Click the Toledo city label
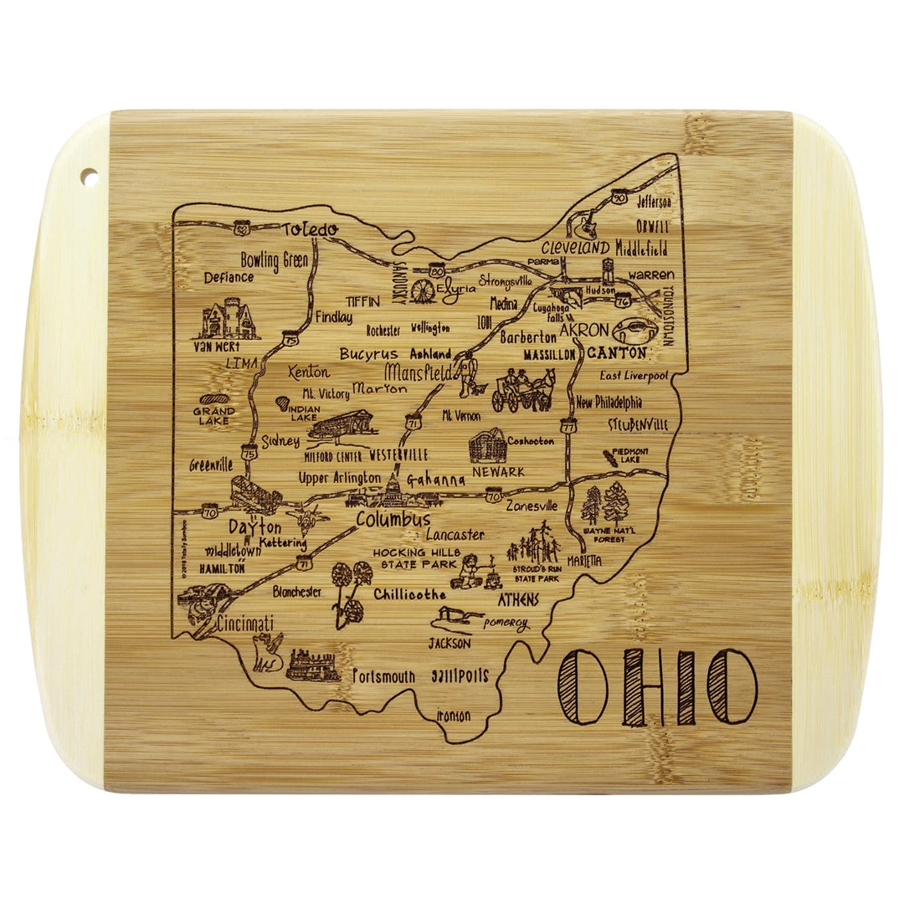point(309,229)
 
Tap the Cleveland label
point(574,248)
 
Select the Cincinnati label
point(244,624)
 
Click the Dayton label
point(254,528)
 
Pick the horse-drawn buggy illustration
point(523,390)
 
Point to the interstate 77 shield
point(569,426)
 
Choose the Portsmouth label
point(383,675)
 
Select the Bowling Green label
point(274,259)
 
